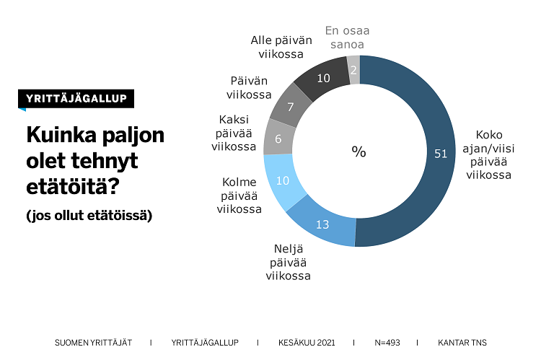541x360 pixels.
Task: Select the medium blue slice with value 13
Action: click(x=322, y=224)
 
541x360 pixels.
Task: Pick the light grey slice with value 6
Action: click(x=278, y=139)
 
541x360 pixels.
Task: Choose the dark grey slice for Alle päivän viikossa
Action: click(x=323, y=79)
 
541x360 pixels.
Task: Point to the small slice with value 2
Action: click(x=353, y=70)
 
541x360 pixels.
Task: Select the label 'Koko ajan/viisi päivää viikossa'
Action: click(x=488, y=154)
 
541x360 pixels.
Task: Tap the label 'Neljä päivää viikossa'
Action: click(x=288, y=263)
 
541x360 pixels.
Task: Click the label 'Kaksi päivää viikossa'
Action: click(x=234, y=133)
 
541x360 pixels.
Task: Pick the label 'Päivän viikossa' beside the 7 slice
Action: click(x=249, y=87)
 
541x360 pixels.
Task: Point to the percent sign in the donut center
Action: click(x=359, y=152)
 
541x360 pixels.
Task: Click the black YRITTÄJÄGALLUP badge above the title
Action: click(x=76, y=99)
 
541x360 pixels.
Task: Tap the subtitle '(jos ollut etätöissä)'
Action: click(x=89, y=215)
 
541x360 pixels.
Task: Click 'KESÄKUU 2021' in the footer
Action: click(x=306, y=342)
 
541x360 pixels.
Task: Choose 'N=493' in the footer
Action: click(x=387, y=342)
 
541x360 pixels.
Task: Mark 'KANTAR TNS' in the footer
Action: click(x=467, y=342)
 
